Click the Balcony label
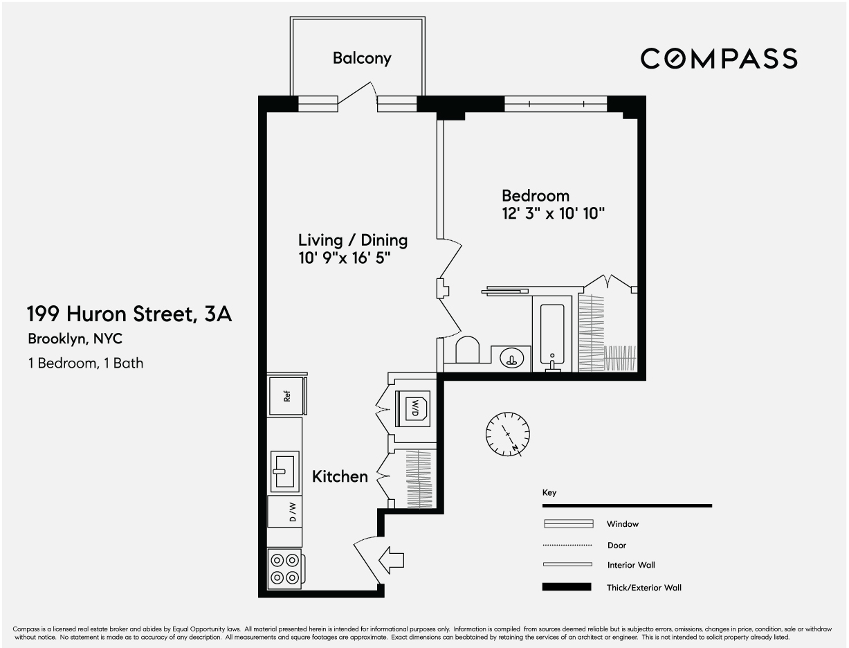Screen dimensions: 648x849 pyautogui.click(x=362, y=58)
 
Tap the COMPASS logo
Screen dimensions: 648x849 pyautogui.click(x=718, y=59)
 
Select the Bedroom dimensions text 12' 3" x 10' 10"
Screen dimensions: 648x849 pyautogui.click(x=554, y=214)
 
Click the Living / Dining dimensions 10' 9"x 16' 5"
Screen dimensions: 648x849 pyautogui.click(x=345, y=258)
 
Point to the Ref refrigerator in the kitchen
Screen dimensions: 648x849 pyautogui.click(x=286, y=396)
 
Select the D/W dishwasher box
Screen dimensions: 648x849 pyautogui.click(x=285, y=512)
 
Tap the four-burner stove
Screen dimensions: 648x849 pyautogui.click(x=285, y=568)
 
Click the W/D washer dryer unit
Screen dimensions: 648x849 pyautogui.click(x=412, y=408)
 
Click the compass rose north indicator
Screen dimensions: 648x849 pyautogui.click(x=509, y=435)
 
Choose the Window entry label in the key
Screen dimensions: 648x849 pyautogui.click(x=623, y=524)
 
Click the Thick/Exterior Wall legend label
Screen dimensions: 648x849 pyautogui.click(x=643, y=588)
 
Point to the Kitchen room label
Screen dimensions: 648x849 pyautogui.click(x=340, y=477)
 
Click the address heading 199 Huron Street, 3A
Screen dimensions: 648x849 pyautogui.click(x=129, y=314)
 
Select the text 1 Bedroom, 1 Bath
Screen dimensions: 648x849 pyautogui.click(x=86, y=363)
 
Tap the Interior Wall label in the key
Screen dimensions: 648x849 pyautogui.click(x=631, y=566)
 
